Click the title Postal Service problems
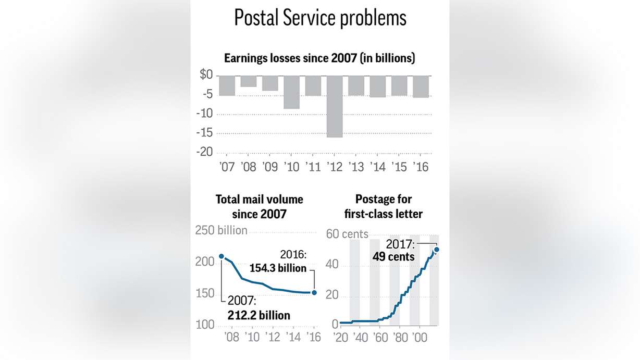(x=320, y=18)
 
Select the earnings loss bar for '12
(x=335, y=106)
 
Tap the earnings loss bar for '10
(x=291, y=92)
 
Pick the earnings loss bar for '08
(x=249, y=81)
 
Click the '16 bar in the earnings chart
(x=421, y=86)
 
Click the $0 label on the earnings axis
(x=206, y=75)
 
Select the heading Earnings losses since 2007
(x=319, y=58)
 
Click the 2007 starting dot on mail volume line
(x=221, y=256)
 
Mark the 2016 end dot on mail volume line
(x=314, y=293)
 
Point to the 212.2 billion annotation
(x=259, y=315)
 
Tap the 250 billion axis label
(x=221, y=230)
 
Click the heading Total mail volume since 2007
(x=259, y=206)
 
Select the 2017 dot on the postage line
(x=437, y=250)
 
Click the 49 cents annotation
(x=393, y=257)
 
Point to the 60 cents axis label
(x=347, y=234)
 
